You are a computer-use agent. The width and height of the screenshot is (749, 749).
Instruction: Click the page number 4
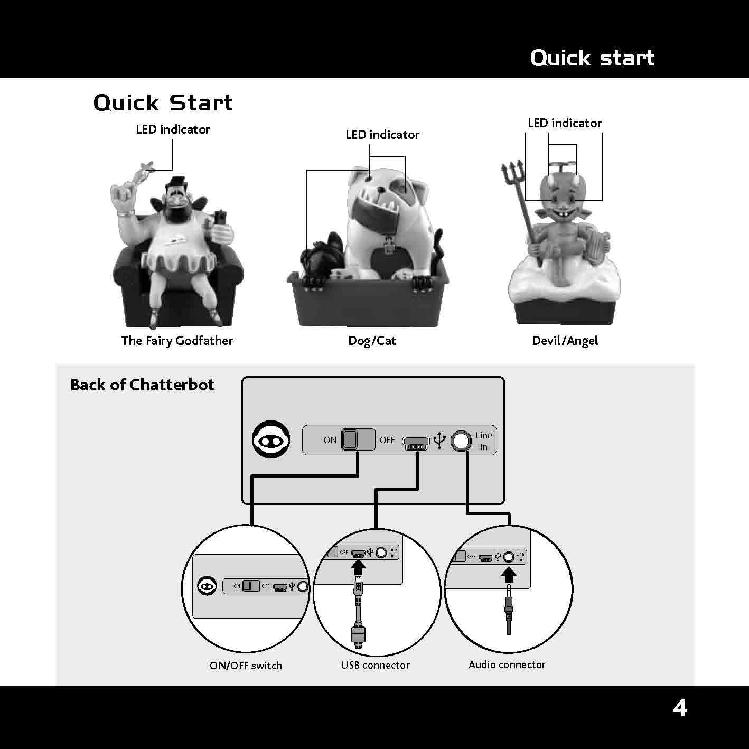click(680, 708)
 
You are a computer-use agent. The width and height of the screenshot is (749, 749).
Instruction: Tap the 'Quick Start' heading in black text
click(163, 103)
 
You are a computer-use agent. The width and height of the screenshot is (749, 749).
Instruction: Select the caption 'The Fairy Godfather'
click(177, 341)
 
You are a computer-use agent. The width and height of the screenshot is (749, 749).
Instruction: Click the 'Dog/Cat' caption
click(372, 341)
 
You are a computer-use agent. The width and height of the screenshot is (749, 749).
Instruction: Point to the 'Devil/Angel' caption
click(565, 341)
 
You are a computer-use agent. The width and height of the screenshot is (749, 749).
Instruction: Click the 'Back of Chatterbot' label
click(142, 385)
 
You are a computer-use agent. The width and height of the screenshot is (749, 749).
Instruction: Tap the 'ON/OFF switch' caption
click(246, 666)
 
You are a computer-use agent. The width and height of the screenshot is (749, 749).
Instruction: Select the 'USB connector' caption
click(375, 665)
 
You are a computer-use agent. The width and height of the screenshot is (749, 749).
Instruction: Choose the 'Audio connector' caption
click(507, 664)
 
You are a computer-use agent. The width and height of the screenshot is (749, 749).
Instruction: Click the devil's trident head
click(512, 173)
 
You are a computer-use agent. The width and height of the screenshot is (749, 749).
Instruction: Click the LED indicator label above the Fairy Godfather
click(173, 129)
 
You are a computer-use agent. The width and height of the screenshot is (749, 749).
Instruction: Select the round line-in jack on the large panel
click(461, 441)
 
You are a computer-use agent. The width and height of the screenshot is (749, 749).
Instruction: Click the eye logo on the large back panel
click(271, 439)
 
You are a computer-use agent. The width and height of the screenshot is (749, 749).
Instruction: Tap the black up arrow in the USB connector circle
click(358, 568)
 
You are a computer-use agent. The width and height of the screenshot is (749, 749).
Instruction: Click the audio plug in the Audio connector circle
click(509, 608)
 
